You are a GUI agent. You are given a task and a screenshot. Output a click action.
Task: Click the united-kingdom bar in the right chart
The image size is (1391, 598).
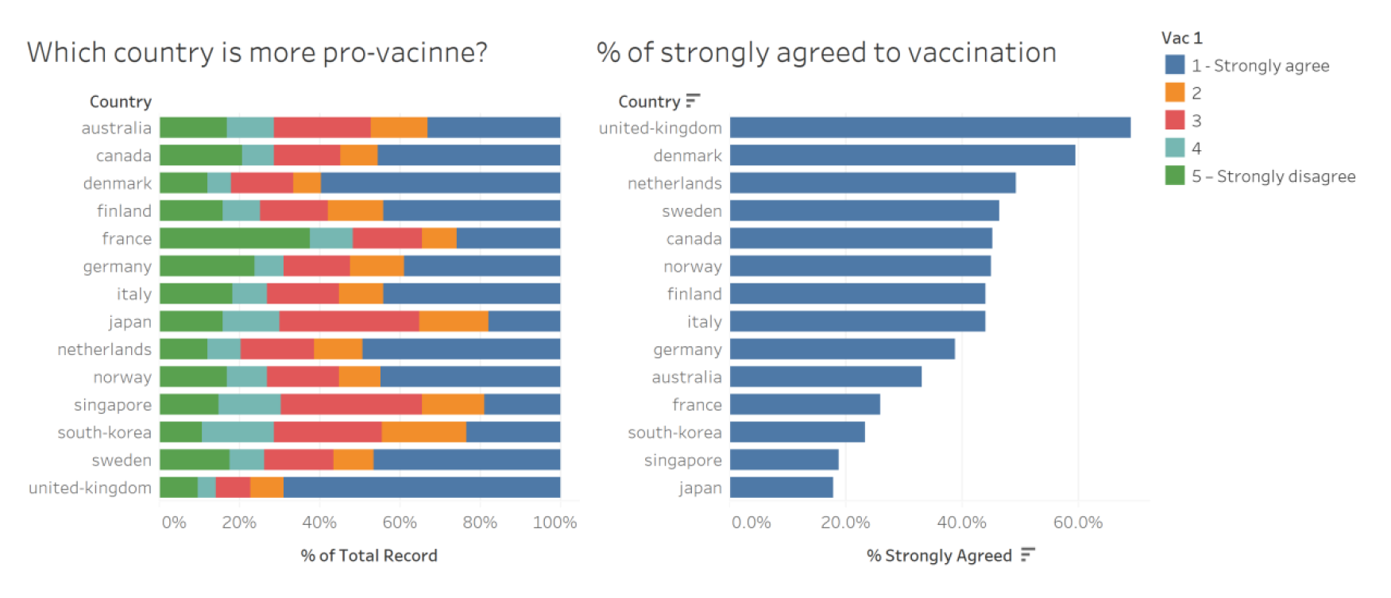929,128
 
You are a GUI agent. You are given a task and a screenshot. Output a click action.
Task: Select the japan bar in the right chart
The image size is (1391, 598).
781,488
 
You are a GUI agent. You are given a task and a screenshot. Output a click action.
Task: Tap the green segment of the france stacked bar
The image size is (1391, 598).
234,238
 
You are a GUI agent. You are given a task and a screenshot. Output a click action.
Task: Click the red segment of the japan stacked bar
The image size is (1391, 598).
349,322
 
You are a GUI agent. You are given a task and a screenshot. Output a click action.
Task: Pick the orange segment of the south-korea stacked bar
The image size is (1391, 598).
423,432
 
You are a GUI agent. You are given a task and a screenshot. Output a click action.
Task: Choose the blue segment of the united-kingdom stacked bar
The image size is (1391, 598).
421,488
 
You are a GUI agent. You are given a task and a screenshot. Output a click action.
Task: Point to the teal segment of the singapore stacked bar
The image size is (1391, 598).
249,404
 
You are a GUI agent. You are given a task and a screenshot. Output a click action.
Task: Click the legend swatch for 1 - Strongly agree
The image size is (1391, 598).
1174,65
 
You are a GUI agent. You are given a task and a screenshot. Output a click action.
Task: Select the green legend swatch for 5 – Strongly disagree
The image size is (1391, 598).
1174,176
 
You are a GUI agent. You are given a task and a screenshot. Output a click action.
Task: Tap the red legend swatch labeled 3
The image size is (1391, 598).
1174,121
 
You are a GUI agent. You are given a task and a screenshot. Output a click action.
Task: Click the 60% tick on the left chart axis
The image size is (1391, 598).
400,523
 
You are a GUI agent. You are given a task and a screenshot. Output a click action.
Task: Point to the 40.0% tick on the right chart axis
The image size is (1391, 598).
961,523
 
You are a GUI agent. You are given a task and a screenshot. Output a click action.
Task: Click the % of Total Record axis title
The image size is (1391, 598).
369,556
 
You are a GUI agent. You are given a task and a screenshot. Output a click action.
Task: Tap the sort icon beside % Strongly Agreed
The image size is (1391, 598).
1028,554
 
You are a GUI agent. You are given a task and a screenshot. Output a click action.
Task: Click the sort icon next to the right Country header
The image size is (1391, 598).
693,101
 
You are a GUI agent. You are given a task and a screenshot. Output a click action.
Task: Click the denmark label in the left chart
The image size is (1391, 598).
117,183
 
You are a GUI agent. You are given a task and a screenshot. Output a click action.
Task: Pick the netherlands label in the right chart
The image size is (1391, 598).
674,183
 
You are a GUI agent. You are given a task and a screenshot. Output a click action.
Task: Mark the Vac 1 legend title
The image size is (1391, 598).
1181,38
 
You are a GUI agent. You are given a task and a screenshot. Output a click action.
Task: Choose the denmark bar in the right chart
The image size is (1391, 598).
902,156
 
